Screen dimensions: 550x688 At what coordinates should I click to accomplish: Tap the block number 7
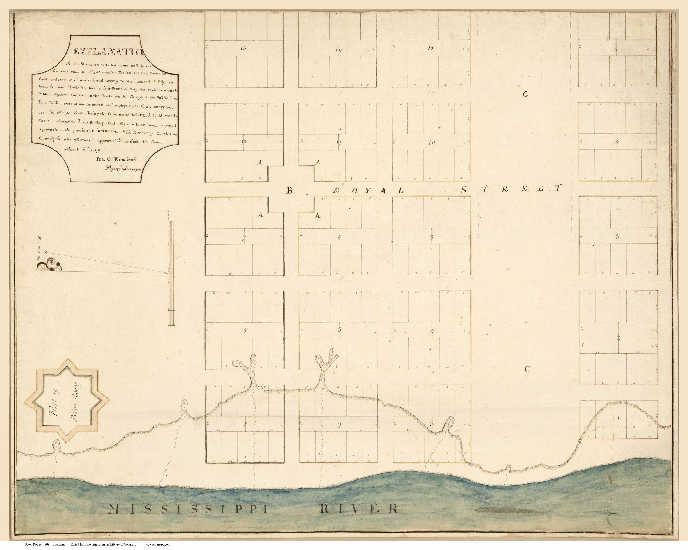tap(243, 239)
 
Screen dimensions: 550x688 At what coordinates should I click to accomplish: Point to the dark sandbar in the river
tap(504, 511)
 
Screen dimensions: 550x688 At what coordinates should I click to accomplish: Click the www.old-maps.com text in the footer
tap(157, 545)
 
